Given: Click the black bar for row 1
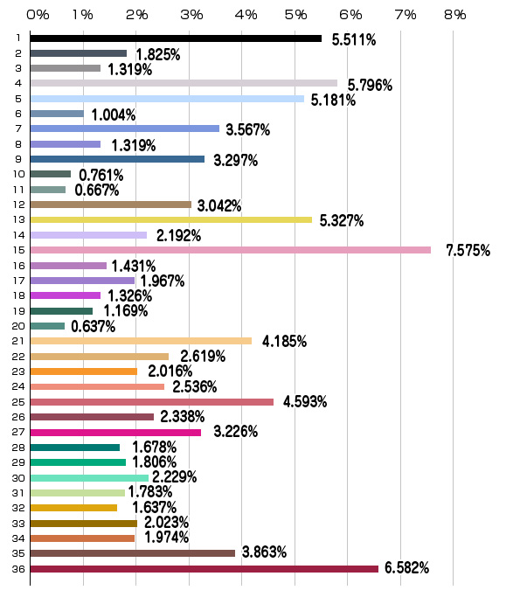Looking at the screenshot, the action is (176, 38).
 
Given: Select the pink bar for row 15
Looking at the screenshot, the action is (231, 250).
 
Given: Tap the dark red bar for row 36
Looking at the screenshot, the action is (205, 569).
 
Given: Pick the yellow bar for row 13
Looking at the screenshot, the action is (171, 219).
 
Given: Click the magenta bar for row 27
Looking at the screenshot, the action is (115, 433).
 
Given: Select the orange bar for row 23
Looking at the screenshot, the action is (84, 371).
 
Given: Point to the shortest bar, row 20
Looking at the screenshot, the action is (47, 326).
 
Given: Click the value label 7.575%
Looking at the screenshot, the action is (468, 251).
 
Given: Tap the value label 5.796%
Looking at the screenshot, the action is (370, 86).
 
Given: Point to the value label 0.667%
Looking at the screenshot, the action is (97, 190).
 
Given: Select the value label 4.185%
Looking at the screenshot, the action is (284, 341).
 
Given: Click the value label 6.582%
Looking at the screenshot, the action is (407, 567).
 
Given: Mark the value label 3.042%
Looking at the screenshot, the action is (219, 206).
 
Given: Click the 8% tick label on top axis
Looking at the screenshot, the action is (455, 15).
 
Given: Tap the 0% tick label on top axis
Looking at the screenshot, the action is (38, 15).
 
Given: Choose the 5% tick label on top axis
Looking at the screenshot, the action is (295, 15).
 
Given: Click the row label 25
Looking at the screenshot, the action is (18, 402).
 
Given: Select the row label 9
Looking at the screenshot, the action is (18, 159).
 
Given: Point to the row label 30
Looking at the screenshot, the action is (18, 478).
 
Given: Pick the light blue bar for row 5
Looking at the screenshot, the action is (167, 99).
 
